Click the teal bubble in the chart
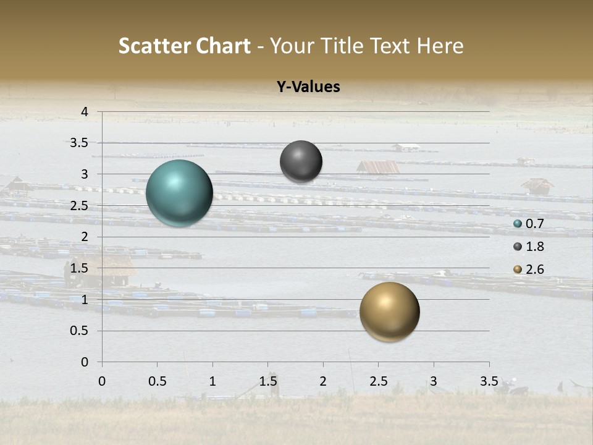point(179,193)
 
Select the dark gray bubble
point(301,161)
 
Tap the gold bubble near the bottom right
point(389,311)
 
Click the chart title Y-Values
point(308,87)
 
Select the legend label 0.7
point(534,224)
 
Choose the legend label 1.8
point(534,247)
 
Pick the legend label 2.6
point(534,269)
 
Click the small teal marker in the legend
point(518,224)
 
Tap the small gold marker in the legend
point(518,269)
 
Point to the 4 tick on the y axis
point(85,112)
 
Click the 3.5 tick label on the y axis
point(80,143)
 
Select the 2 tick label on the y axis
point(85,237)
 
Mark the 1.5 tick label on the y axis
point(80,268)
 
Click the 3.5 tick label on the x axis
point(489,381)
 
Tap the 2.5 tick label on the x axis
point(378,381)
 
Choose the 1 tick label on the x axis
point(212,381)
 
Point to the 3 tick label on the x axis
point(434,381)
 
